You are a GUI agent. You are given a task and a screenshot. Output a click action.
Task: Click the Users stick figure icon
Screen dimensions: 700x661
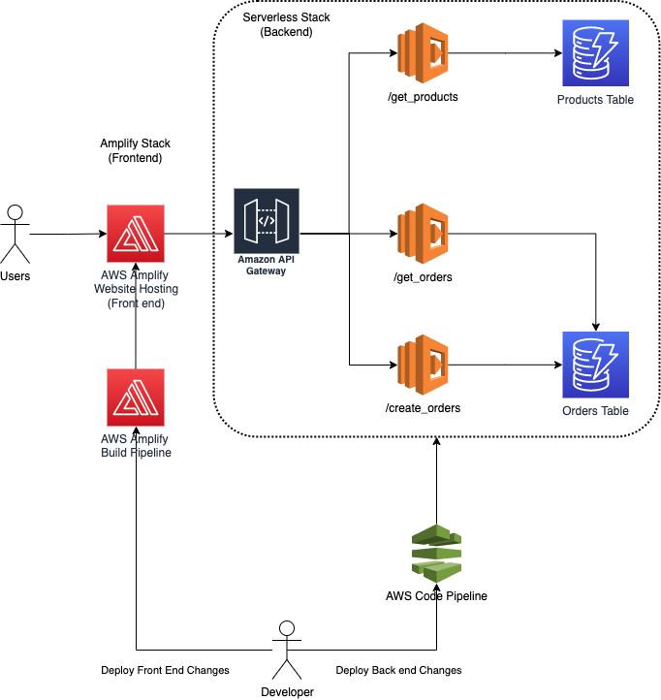click(15, 234)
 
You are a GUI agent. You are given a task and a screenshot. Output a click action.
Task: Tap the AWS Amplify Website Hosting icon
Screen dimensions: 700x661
click(136, 234)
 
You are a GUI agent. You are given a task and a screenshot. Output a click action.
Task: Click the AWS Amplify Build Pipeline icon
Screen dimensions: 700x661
click(136, 398)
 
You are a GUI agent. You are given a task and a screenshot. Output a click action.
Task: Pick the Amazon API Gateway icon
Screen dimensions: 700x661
click(267, 221)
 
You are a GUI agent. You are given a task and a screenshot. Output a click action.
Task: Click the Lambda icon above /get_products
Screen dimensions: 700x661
click(422, 54)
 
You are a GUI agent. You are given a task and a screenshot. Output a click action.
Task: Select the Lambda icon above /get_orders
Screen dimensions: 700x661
click(422, 234)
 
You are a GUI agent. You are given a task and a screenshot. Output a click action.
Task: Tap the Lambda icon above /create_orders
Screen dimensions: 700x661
click(422, 365)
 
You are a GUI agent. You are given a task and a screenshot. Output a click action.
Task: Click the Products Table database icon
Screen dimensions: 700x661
click(595, 54)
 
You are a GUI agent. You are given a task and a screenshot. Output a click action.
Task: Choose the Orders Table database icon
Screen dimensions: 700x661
click(595, 365)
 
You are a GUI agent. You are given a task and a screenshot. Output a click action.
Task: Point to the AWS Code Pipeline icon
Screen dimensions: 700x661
click(436, 553)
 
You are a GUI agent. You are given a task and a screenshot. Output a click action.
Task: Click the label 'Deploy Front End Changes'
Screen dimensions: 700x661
click(165, 670)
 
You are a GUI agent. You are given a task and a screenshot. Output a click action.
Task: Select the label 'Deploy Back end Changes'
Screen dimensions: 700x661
click(398, 670)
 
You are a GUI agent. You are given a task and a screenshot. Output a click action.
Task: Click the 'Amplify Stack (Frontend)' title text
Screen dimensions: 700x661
click(135, 150)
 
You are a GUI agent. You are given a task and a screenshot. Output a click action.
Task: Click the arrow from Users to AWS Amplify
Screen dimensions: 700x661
click(68, 234)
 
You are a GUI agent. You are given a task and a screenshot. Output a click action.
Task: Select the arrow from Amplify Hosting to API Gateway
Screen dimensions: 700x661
click(199, 234)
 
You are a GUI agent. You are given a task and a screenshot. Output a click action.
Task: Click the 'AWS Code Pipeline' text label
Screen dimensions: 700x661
click(436, 596)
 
